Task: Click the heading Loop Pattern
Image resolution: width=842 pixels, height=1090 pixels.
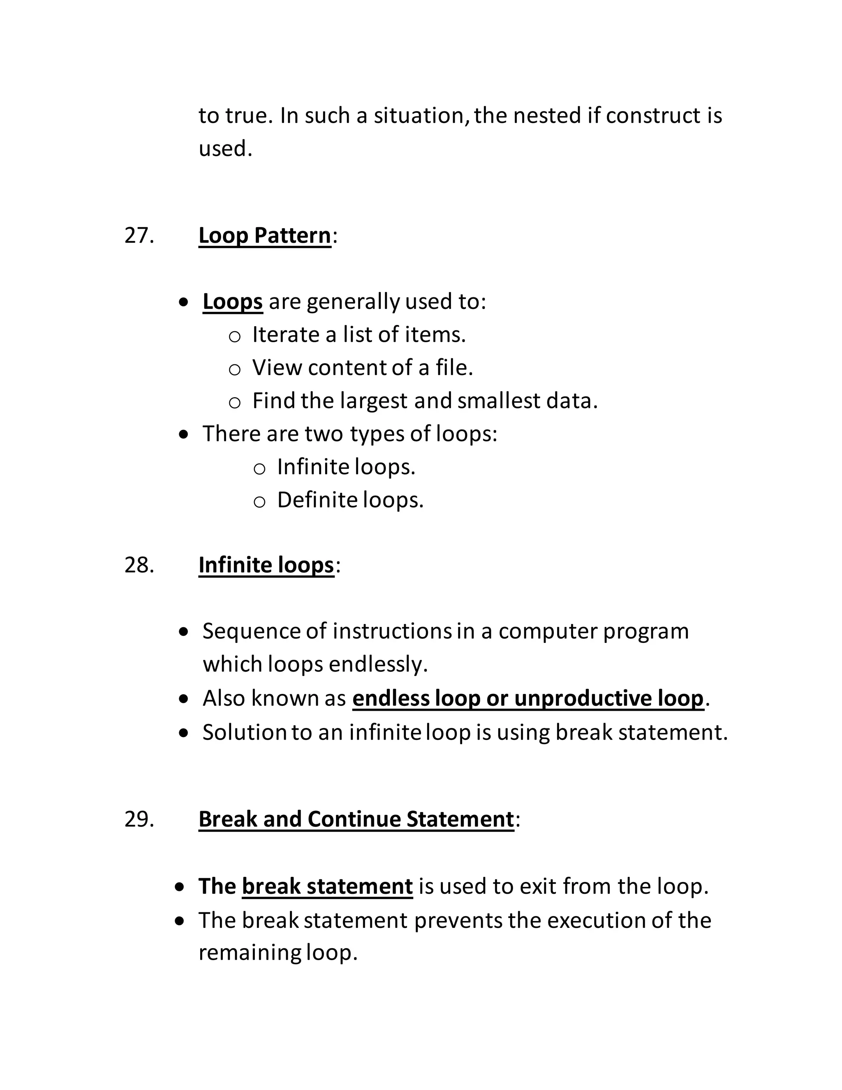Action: pos(264,236)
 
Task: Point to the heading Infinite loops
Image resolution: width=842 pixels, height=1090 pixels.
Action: pos(266,565)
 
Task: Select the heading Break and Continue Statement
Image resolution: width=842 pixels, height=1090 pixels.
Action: pos(356,819)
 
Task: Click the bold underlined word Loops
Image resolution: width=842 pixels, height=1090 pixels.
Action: pos(232,301)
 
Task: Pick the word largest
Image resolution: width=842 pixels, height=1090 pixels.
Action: pos(374,401)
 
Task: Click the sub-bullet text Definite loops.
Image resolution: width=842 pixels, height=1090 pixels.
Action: pos(350,500)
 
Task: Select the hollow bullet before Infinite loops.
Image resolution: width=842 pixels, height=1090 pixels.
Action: pos(259,468)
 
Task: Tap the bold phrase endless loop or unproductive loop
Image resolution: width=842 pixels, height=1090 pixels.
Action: pos(528,698)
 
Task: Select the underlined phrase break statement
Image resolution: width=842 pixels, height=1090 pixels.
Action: pos(327,886)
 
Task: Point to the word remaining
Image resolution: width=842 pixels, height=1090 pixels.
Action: pos(250,953)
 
